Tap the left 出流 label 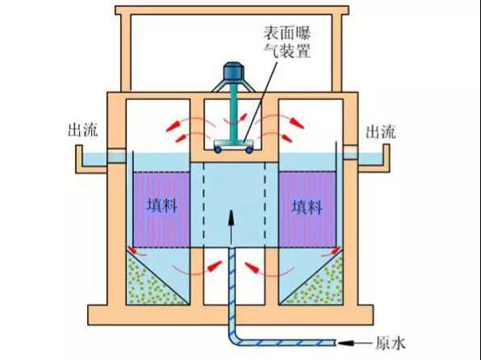coord(82,130)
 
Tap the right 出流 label coord(381,132)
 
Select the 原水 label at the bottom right coord(391,343)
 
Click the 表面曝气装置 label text coord(287,42)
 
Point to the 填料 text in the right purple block coord(307,207)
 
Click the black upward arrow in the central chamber coord(232,228)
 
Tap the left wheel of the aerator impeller coord(218,150)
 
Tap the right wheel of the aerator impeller coord(249,150)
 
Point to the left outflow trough coord(92,160)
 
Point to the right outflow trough coord(374,159)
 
